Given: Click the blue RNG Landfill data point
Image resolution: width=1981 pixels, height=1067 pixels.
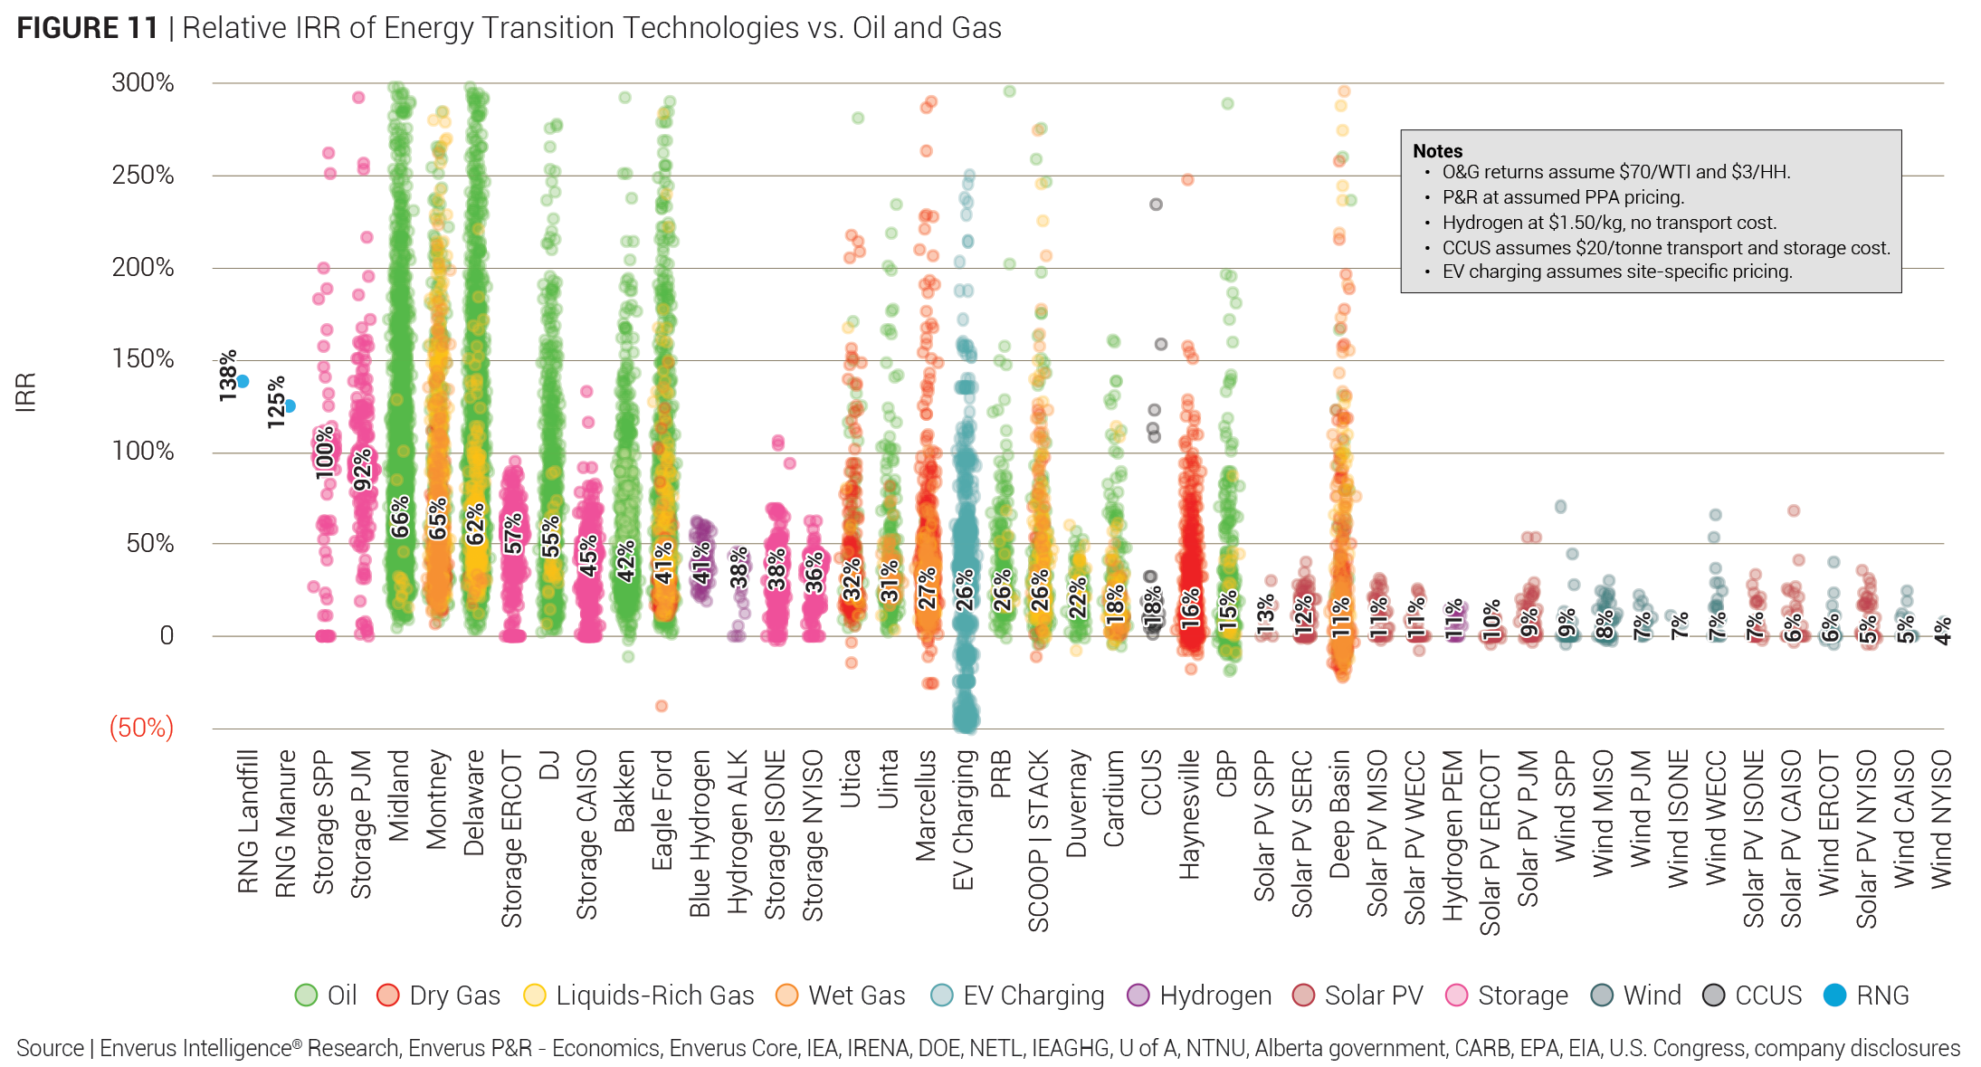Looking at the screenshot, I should click(243, 382).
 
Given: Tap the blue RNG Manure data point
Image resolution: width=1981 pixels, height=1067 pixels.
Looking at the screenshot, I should click(290, 406).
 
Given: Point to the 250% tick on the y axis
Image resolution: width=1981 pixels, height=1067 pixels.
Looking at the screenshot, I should click(143, 175).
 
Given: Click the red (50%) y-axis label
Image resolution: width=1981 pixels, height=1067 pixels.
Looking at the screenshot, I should click(141, 728).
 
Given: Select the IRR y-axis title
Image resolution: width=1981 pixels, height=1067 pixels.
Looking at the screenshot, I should click(25, 392).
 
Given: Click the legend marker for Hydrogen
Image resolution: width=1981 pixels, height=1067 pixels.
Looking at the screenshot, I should click(1138, 996).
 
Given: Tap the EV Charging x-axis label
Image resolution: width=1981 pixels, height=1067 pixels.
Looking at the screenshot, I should click(963, 820).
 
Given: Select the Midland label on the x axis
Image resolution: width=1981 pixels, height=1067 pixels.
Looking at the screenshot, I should click(399, 795).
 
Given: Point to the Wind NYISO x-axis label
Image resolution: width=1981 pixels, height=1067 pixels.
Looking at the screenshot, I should click(1941, 820).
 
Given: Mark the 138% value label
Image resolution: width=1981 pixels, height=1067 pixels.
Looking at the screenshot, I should click(228, 376).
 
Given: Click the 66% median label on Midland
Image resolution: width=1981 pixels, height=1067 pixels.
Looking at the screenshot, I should click(400, 517).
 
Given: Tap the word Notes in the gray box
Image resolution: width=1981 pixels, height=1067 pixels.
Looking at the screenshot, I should click(1437, 151).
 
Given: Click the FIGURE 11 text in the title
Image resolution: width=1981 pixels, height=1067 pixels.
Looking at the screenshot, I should click(88, 28).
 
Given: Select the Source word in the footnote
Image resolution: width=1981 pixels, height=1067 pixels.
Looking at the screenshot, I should click(50, 1048).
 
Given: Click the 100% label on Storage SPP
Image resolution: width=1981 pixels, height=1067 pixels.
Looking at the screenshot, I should click(325, 453).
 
